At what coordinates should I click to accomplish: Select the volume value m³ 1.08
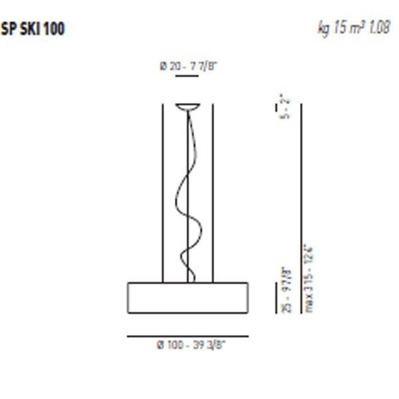[x=372, y=29]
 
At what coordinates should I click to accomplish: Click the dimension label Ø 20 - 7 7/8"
[x=188, y=66]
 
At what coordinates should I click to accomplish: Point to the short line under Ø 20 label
[x=188, y=76]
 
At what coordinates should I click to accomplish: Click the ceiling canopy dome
[x=188, y=106]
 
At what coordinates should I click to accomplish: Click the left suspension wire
[x=162, y=193]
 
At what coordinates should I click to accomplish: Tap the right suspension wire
[x=213, y=193]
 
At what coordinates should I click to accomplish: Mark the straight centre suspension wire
[x=188, y=166]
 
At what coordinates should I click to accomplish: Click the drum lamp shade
[x=188, y=295]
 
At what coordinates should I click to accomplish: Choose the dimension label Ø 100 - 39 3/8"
[x=188, y=345]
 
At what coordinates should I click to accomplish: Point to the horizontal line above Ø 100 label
[x=188, y=336]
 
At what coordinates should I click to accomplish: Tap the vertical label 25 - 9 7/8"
[x=285, y=290]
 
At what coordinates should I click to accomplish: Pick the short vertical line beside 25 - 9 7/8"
[x=276, y=297]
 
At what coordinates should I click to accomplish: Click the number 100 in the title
[x=55, y=29]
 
